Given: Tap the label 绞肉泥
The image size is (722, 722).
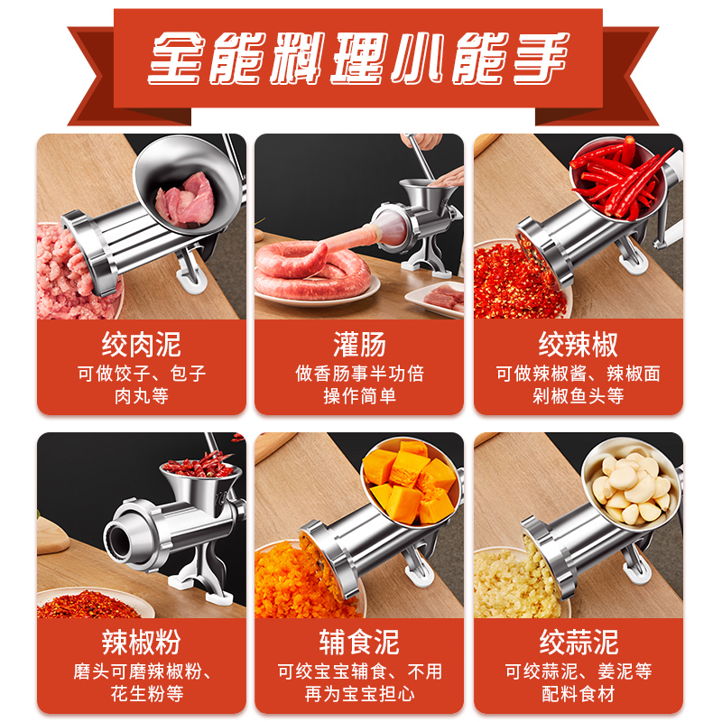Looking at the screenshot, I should [141, 344].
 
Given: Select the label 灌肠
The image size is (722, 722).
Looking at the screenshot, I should [359, 344].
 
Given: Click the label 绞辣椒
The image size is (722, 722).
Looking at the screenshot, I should [578, 344].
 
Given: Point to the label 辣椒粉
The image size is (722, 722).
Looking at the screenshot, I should [141, 642].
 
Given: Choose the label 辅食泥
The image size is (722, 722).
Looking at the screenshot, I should [359, 642].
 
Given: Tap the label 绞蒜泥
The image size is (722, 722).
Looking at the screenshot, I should [578, 642].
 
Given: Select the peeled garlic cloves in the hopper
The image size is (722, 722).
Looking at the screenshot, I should [632, 487].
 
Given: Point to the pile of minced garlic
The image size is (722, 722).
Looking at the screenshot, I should [514, 582].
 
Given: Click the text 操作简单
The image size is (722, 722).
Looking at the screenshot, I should [359, 395].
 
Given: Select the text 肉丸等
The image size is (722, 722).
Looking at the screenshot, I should [141, 395].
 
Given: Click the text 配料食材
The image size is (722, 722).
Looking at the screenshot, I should [578, 694].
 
